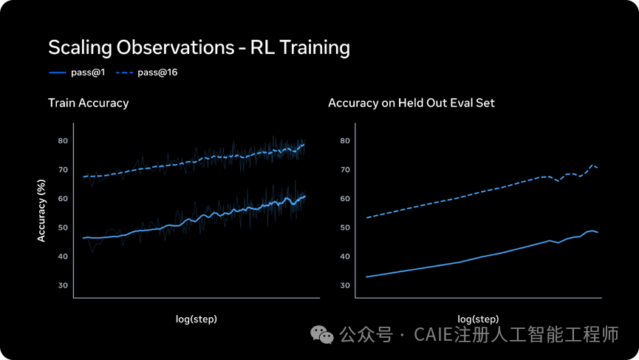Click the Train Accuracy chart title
pos(88,103)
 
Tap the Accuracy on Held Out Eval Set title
pos(411,103)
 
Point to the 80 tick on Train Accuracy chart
pos(63,140)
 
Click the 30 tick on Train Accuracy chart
pos(63,285)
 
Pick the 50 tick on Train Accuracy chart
pos(63,228)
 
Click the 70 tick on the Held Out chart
pos(345,169)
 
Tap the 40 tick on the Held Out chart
pos(345,257)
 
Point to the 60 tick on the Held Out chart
pos(345,199)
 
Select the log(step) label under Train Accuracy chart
pos(197,319)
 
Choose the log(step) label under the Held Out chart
pos(478,319)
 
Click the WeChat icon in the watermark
pos(321,335)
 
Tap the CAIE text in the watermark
pos(434,336)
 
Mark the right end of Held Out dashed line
pos(598,169)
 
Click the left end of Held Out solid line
pos(366,276)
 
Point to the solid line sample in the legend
pos(58,72)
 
